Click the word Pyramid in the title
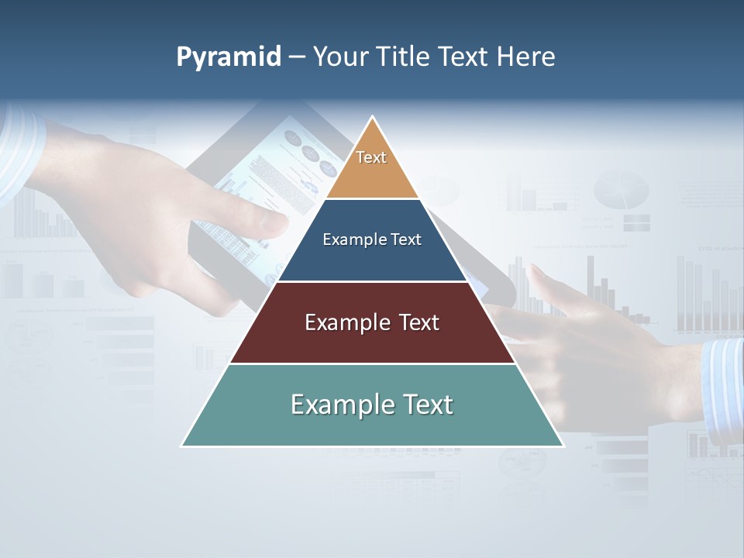point(228,57)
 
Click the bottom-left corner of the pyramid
point(184,445)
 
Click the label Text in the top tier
point(371,157)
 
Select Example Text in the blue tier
point(372,239)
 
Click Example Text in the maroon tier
point(372,322)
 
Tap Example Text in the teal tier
point(372,405)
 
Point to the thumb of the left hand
point(263,221)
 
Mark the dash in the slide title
point(297,57)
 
